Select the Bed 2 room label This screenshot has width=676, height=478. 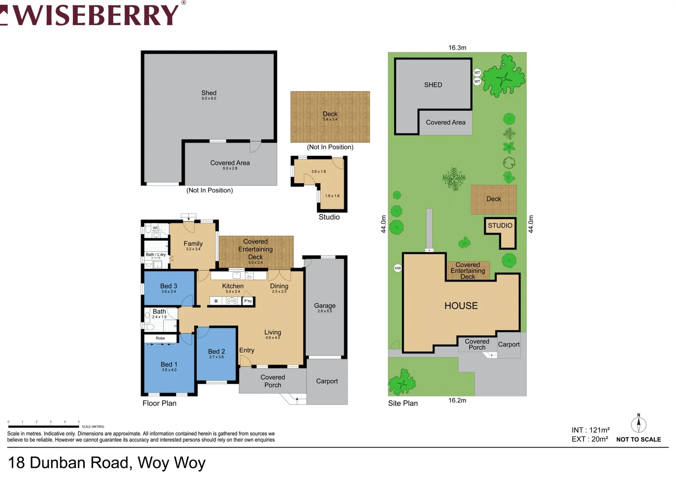[x=216, y=352]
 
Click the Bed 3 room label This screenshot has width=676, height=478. [x=169, y=286]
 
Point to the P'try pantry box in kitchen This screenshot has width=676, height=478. [x=248, y=301]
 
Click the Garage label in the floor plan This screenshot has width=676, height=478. [x=324, y=306]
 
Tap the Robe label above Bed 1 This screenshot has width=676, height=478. [x=160, y=338]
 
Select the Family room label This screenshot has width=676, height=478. [x=193, y=244]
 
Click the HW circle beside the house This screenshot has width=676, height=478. [x=398, y=268]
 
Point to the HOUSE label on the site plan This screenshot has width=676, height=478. [x=461, y=306]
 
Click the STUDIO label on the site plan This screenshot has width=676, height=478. [x=500, y=226]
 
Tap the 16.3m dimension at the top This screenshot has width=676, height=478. [x=457, y=48]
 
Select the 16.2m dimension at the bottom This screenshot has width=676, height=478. [x=457, y=401]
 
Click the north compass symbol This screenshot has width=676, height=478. [x=638, y=424]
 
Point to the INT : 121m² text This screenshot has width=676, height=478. [x=590, y=430]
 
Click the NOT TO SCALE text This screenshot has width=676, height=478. [x=638, y=439]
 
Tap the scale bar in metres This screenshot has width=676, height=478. [x=43, y=427]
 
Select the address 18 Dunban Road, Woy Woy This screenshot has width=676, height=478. [x=107, y=463]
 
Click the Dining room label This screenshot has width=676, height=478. [x=279, y=286]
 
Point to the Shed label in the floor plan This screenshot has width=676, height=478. [x=209, y=93]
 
